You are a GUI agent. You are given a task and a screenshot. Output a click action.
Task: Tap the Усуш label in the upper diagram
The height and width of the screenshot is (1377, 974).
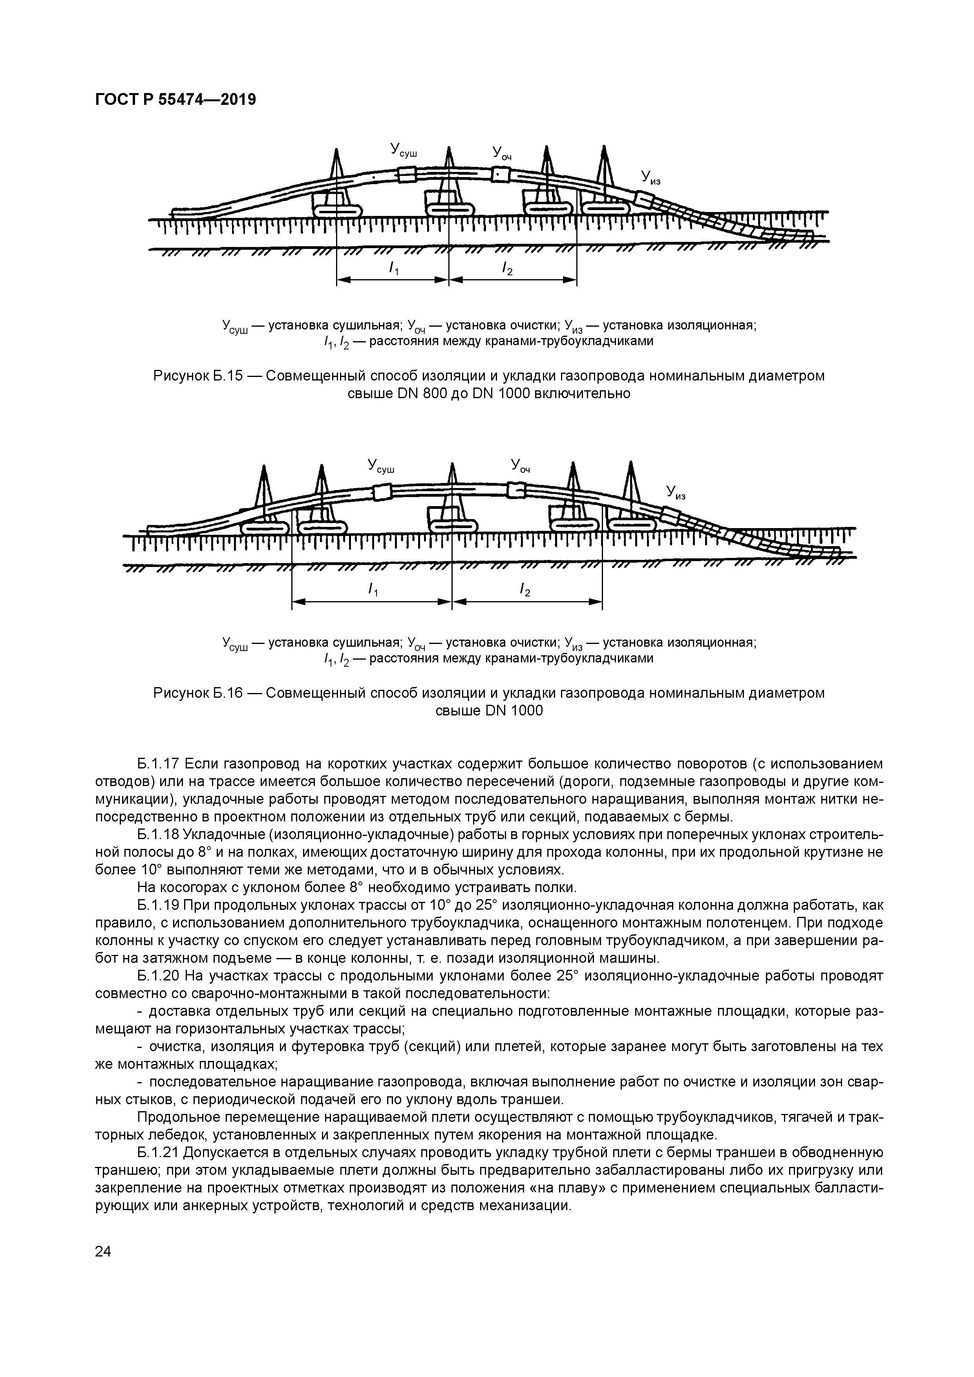pyautogui.click(x=403, y=150)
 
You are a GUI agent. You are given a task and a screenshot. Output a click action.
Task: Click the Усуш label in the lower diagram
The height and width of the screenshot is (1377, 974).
pyautogui.click(x=381, y=466)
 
